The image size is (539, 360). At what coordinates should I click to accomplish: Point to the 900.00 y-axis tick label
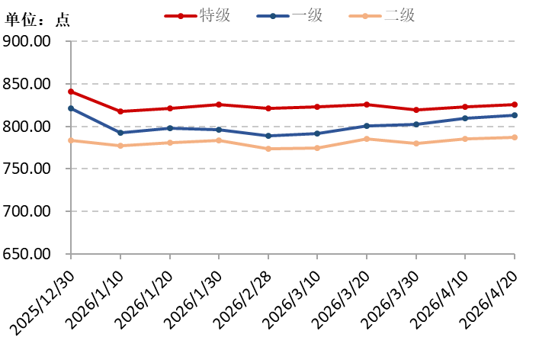click(27, 41)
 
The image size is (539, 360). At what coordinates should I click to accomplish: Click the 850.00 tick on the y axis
click(27, 84)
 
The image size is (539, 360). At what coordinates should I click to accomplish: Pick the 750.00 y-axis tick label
click(27, 169)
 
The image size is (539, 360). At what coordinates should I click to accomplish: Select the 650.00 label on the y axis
click(27, 255)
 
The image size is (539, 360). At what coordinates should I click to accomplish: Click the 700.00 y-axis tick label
click(27, 212)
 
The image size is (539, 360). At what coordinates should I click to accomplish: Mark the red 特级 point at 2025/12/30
click(71, 92)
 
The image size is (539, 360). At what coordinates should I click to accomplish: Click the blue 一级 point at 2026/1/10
click(120, 133)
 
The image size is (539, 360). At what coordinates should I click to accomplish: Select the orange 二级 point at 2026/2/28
click(268, 149)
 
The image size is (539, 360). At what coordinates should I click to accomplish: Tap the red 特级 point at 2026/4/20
click(515, 104)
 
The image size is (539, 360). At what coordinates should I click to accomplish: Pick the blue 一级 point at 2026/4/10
click(465, 118)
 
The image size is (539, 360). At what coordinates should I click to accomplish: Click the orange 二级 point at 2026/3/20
click(367, 139)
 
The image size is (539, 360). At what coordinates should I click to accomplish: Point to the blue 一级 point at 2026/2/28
click(268, 136)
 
